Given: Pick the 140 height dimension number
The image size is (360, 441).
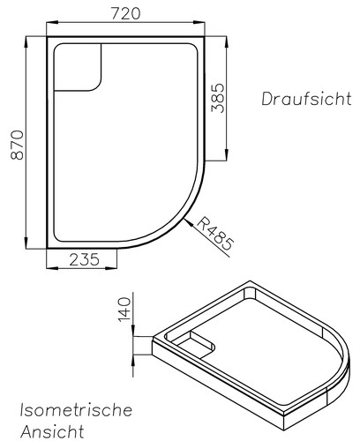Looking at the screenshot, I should point(124,309).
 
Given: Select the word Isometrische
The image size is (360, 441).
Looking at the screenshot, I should point(76,410).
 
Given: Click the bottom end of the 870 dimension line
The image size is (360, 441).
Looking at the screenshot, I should point(26,249).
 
